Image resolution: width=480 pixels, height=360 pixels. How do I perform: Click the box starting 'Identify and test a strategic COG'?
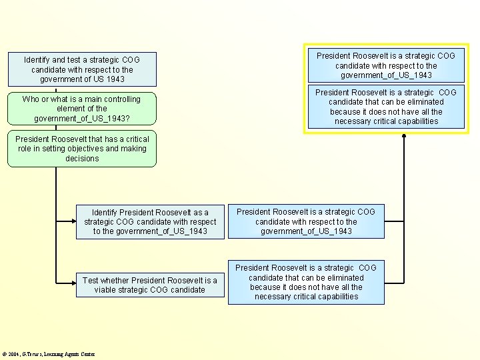click(82, 69)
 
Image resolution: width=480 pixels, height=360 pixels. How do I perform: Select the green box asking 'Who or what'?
click(82, 109)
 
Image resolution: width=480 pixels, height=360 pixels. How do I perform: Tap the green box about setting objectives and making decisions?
click(82, 149)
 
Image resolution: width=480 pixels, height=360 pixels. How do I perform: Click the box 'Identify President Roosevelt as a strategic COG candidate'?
click(150, 222)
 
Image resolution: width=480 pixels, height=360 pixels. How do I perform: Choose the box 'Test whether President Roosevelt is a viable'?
click(150, 285)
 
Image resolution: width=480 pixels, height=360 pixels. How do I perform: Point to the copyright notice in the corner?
click(49, 354)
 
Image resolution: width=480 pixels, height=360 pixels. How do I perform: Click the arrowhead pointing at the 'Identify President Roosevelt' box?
click(74, 221)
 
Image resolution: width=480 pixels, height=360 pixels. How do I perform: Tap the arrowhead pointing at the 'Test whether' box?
click(74, 283)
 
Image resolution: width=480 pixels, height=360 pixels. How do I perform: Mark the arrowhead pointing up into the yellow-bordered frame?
click(404, 135)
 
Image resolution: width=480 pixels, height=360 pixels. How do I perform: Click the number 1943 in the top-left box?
click(115, 79)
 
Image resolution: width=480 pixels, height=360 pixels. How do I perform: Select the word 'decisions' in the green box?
click(82, 159)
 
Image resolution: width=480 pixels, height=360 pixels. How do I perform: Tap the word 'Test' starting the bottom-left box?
click(90, 281)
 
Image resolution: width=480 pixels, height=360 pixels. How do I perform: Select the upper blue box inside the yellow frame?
click(386, 65)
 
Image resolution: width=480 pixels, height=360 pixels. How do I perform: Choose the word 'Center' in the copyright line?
click(87, 354)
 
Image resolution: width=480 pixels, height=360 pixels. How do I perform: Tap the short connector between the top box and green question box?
click(56, 90)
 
